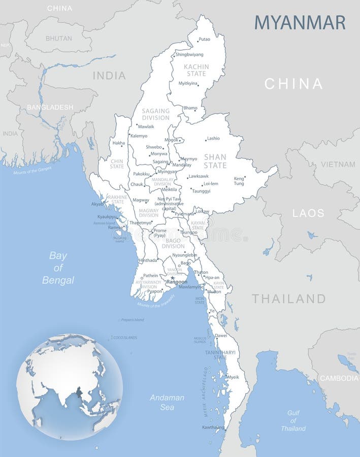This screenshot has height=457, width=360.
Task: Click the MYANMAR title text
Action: point(300,22)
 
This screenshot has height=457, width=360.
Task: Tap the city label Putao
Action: point(204,39)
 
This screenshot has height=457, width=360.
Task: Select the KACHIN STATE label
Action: point(196,70)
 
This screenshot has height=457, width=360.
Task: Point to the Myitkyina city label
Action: point(188,83)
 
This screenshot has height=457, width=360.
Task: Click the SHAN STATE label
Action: point(215,161)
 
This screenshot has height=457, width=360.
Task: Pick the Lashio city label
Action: point(213,138)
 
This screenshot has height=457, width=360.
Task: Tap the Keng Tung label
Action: point(239,181)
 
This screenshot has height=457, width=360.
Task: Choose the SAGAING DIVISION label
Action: point(155,114)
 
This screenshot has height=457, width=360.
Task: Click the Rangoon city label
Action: point(177,282)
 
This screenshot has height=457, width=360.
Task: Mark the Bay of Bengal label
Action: point(58,268)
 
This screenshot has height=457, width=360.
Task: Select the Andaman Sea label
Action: point(167,402)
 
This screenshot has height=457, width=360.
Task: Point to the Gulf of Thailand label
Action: point(293,420)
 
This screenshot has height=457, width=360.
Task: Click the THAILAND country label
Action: point(288,299)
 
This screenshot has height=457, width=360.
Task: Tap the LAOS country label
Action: point(308,213)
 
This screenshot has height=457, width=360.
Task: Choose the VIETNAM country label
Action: point(338,165)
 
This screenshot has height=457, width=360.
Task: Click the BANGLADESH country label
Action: point(50,107)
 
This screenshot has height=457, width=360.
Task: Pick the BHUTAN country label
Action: point(59,38)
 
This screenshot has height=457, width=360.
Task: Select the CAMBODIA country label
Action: point(339,378)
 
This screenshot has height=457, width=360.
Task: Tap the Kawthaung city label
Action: point(213,427)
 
